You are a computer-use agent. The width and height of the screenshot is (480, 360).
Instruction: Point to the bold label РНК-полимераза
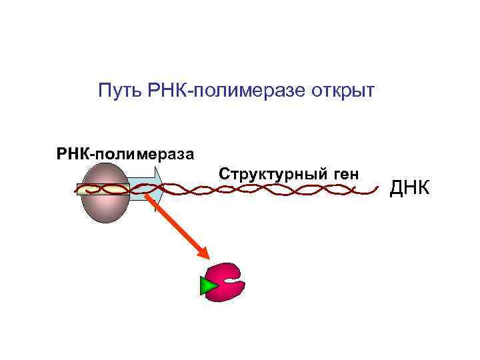(125, 155)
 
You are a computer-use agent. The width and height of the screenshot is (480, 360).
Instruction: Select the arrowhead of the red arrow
(203, 253)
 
